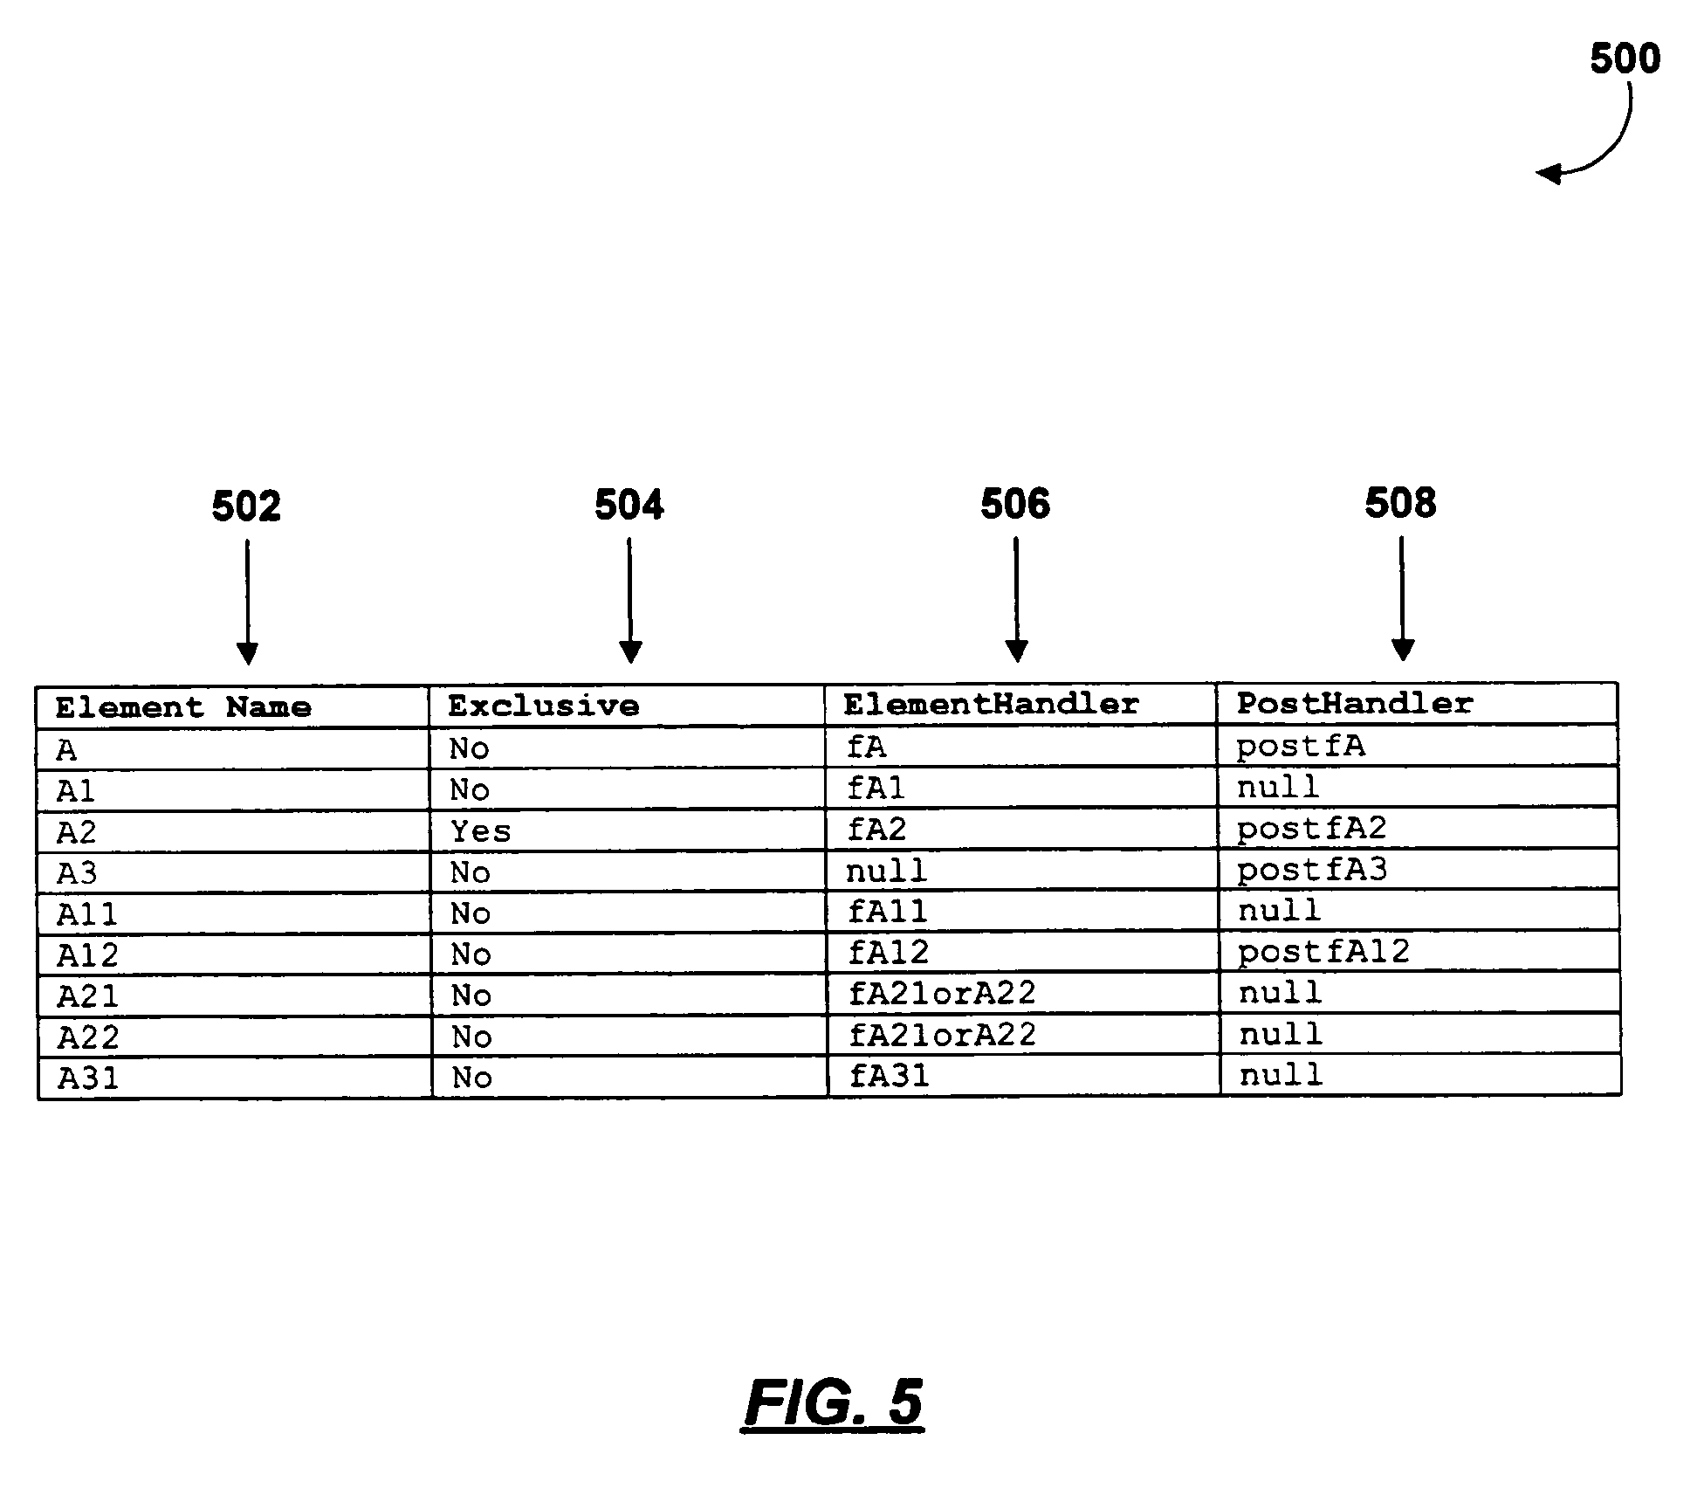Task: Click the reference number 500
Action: [x=1625, y=59]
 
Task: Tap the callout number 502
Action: [x=246, y=506]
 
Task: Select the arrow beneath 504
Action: [x=630, y=601]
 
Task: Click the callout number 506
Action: [x=1015, y=504]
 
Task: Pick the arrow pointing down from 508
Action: [x=1402, y=599]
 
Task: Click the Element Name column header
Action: [x=183, y=706]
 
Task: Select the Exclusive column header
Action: [x=544, y=706]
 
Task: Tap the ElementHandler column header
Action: [x=992, y=704]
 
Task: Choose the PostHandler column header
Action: [x=1355, y=703]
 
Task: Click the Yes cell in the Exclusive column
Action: [x=481, y=831]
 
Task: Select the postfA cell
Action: [x=1301, y=747]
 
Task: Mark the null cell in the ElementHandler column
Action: [x=886, y=871]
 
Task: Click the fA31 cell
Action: [x=890, y=1075]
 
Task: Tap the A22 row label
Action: [x=88, y=1037]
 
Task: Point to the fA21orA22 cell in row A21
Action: [x=942, y=993]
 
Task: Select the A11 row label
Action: [x=87, y=914]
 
